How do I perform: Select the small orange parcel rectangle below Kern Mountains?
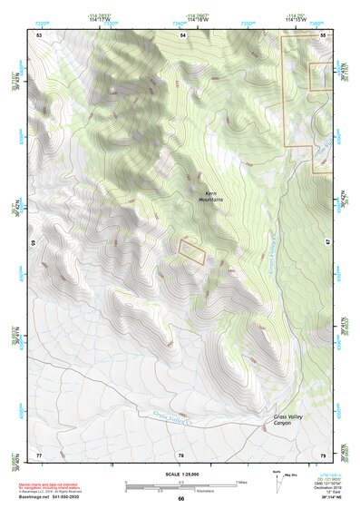click(x=191, y=251)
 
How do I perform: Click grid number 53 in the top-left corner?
click(x=39, y=34)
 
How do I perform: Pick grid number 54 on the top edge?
click(x=182, y=34)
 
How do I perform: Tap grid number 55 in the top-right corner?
click(x=324, y=34)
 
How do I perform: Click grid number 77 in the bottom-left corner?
click(x=39, y=454)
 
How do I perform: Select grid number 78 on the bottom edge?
click(x=180, y=454)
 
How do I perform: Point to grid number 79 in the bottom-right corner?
click(x=323, y=454)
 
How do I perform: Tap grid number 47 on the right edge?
click(x=328, y=244)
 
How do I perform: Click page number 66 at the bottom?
click(x=180, y=498)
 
